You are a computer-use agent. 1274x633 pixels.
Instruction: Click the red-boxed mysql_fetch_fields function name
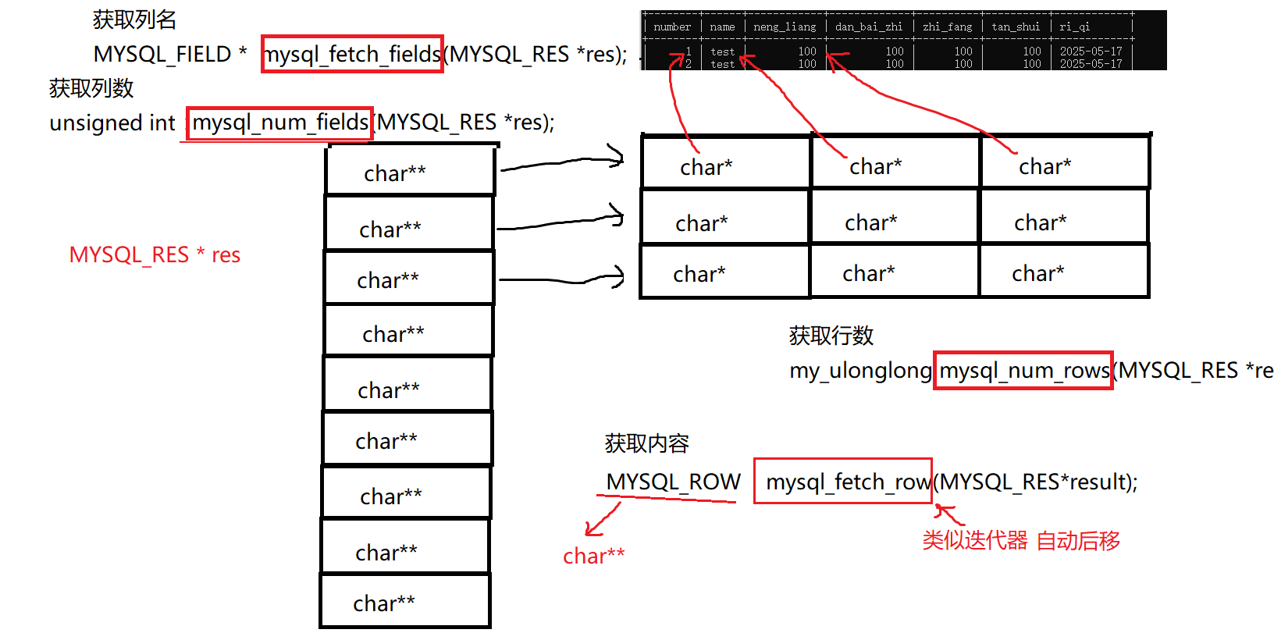click(352, 54)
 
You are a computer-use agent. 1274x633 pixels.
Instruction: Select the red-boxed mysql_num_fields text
click(279, 123)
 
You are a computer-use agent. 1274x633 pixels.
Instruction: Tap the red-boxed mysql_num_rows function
click(1023, 370)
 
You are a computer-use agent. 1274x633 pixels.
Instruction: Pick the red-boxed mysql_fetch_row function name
click(843, 482)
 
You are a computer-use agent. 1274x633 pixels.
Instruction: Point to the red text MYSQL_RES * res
click(155, 255)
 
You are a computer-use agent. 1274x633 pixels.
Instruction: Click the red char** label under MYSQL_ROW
click(593, 556)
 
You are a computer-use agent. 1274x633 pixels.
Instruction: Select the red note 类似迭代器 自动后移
click(1021, 540)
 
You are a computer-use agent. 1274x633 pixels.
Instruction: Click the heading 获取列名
click(134, 20)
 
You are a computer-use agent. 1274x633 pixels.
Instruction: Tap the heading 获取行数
click(831, 336)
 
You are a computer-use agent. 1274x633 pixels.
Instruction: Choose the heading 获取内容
click(646, 443)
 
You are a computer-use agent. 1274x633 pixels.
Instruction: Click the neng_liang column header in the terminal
click(785, 27)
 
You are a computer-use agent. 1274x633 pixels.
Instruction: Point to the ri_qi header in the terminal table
click(1074, 27)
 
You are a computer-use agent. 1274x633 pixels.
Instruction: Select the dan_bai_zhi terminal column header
click(868, 27)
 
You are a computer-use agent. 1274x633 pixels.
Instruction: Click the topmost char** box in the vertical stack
click(411, 171)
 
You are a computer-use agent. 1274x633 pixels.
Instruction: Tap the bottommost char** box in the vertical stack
click(405, 602)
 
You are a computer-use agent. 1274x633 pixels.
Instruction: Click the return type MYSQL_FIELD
click(162, 55)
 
